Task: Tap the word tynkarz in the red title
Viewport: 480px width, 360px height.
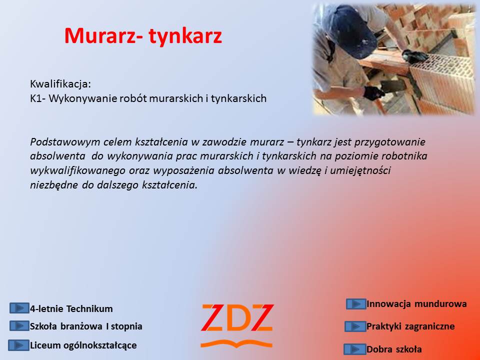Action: coord(185,36)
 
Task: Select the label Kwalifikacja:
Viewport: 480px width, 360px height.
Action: coord(60,84)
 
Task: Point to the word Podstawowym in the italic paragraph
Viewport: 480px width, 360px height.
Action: coord(65,142)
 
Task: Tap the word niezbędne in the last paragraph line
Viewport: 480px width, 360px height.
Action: coord(54,185)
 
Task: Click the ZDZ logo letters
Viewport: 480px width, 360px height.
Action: coord(237,318)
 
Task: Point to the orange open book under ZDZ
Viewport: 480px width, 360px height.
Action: coord(236,343)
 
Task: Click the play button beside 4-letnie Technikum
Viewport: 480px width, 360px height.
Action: coord(19,308)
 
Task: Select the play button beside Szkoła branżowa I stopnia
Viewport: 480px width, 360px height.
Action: coord(19,325)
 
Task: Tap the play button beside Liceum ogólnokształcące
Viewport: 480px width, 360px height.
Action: coord(18,345)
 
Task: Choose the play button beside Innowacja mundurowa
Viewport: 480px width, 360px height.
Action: coord(356,304)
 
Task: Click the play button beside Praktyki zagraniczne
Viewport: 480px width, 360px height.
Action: coord(355,326)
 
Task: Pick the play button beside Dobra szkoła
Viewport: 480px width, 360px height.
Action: coord(355,349)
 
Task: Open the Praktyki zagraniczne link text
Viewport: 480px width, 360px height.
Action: coord(410,326)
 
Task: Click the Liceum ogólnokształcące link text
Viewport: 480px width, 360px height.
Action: coord(83,345)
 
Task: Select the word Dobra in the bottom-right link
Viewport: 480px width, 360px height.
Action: coord(378,349)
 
